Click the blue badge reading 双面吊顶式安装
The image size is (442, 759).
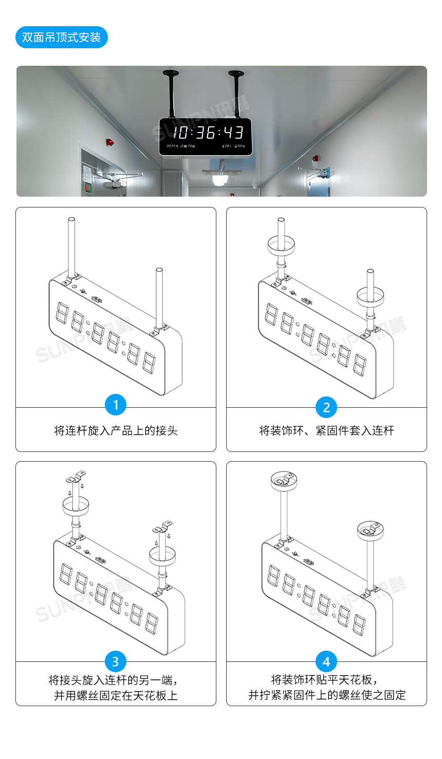click(61, 37)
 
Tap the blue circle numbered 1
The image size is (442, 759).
click(116, 405)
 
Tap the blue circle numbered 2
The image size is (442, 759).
click(326, 407)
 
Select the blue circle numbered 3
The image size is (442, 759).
click(116, 661)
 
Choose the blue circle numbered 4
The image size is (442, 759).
click(326, 661)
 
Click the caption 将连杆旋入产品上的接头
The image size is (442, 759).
click(116, 430)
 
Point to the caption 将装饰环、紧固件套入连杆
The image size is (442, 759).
click(326, 430)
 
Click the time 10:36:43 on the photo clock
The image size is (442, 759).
click(208, 132)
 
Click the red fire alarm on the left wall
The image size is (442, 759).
click(109, 141)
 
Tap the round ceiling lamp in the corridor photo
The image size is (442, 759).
click(220, 180)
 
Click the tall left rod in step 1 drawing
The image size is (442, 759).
click(72, 246)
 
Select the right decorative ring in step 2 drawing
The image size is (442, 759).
click(371, 295)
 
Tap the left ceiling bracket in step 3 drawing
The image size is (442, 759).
click(76, 477)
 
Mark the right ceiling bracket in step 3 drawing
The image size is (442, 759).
click(162, 527)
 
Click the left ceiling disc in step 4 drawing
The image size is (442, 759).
click(285, 481)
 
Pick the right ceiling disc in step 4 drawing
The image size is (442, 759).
click(371, 529)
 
